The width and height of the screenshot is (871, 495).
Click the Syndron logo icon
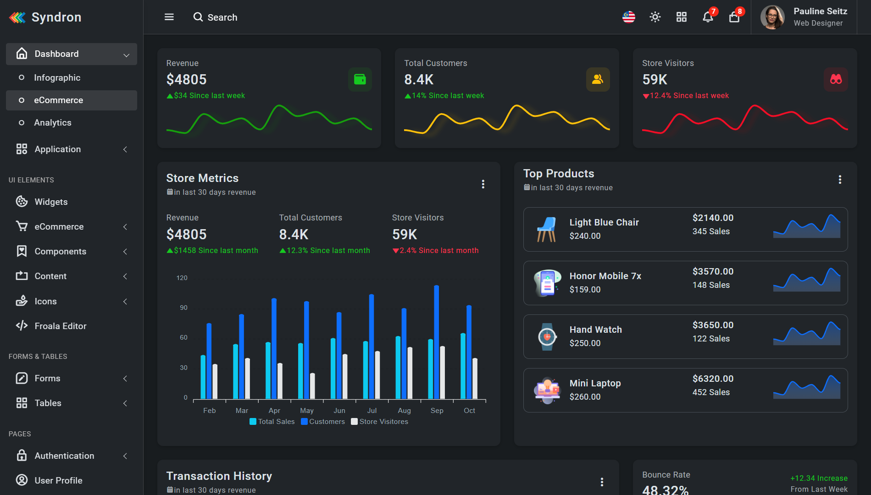pos(17,17)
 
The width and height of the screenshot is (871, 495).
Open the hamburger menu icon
pos(169,17)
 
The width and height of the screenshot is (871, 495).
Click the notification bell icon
pos(708,17)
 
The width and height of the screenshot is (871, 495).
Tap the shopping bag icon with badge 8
pos(734,17)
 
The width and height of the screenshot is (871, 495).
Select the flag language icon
pos(628,17)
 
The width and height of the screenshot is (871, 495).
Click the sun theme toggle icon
pos(655,17)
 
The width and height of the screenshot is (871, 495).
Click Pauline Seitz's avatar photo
pos(772,17)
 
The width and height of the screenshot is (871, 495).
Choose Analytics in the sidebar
pos(52,122)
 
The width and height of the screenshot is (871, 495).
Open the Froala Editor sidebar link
pos(60,326)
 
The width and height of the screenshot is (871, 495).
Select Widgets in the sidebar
pos(51,202)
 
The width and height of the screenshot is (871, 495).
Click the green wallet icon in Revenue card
pos(360,79)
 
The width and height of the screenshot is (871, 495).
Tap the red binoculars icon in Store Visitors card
pos(836,79)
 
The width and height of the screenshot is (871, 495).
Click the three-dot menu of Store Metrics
pos(483,184)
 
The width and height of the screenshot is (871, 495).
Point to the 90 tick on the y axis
pos(183,308)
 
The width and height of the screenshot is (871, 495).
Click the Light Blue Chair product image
pos(546,229)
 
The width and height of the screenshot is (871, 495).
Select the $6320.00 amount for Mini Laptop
pos(713,379)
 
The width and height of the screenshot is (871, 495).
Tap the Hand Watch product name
pos(595,330)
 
